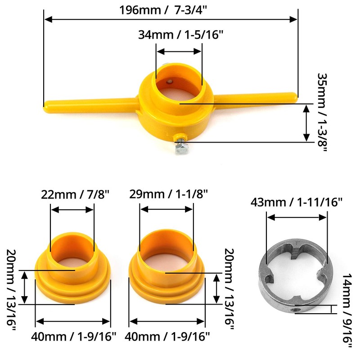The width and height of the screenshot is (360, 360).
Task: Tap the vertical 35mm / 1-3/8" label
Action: click(x=324, y=112)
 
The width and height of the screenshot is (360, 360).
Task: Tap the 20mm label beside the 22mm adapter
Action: click(x=11, y=294)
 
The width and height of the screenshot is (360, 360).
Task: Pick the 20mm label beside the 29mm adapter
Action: click(x=229, y=294)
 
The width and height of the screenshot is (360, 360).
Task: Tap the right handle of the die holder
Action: click(x=256, y=96)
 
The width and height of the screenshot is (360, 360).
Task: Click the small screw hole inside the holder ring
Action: click(x=170, y=81)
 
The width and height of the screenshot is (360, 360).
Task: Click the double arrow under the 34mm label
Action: click(x=179, y=51)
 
